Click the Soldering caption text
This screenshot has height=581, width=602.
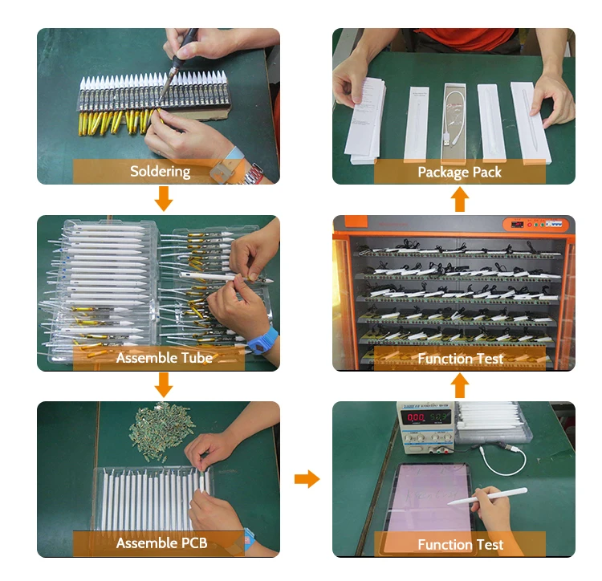160,171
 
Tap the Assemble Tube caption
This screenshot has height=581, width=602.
164,358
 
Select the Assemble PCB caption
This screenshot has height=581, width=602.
161,543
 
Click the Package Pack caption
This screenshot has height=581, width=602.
460,172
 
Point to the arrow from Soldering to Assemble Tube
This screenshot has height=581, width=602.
164,199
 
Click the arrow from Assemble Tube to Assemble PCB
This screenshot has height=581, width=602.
164,385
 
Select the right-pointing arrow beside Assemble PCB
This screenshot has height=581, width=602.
307,479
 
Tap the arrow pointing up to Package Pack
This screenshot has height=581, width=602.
460,199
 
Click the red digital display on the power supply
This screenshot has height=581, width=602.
416,417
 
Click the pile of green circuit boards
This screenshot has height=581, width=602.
161,430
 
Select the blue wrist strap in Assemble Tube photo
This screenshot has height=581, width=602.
262,340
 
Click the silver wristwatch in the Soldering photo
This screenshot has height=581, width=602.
254,175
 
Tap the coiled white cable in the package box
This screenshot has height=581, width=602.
455,115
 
